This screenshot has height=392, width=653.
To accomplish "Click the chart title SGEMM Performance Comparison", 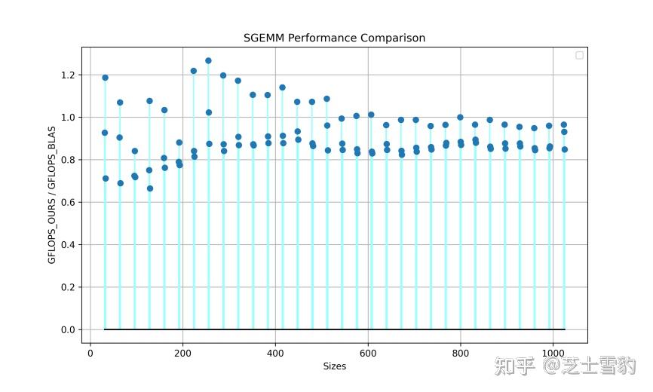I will (334, 38).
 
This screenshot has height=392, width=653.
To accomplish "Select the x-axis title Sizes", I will (334, 367).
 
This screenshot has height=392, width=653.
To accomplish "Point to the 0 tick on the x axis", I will (90, 352).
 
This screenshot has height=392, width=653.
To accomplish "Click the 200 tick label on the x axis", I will (182, 352).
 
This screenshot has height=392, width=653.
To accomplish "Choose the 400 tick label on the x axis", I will (275, 352).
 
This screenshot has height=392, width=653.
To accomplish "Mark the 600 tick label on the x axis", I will (368, 352).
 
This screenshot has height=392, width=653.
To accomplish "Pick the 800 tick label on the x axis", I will (461, 352).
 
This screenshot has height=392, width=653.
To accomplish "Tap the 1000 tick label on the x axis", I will (553, 352).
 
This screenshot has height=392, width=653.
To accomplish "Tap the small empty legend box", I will (579, 55).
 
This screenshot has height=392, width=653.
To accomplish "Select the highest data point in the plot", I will (208, 61).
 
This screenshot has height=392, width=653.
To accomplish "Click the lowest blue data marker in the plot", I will (149, 188).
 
